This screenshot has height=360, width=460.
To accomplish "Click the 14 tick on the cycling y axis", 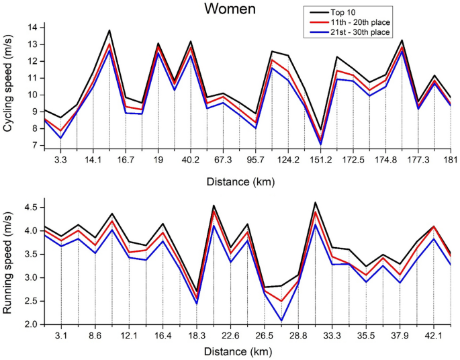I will point(31,28).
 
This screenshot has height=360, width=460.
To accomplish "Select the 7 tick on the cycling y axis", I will point(34,145).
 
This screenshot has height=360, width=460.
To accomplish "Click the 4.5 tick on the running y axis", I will point(29,207).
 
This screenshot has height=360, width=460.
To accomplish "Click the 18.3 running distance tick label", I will point(197,336).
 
